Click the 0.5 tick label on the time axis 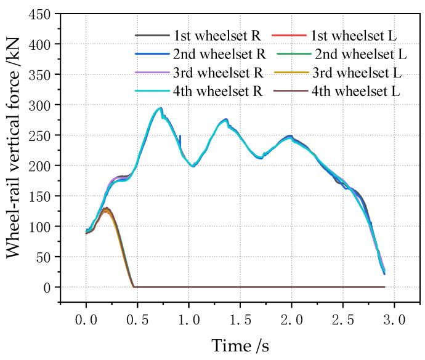(137, 321)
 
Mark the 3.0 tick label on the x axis (394, 321)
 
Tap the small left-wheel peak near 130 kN (107, 208)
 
